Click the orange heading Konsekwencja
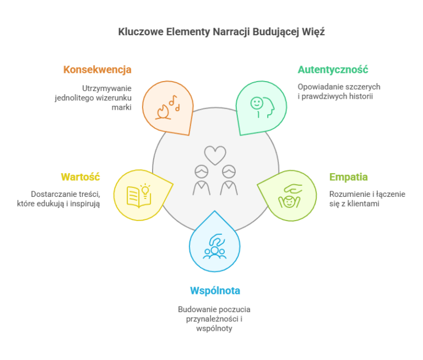tap(97, 69)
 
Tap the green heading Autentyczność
tap(333, 69)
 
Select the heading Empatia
tap(349, 177)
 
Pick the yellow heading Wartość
tap(80, 177)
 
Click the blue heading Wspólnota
tap(215, 291)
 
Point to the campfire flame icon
tap(163, 112)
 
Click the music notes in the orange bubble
tap(174, 103)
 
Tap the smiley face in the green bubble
tap(257, 103)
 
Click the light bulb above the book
tap(145, 189)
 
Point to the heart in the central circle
tap(215, 155)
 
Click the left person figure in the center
tap(202, 180)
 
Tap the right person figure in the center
tap(229, 180)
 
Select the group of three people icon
tap(214, 253)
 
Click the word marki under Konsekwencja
tap(122, 107)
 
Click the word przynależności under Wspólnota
tap(212, 319)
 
